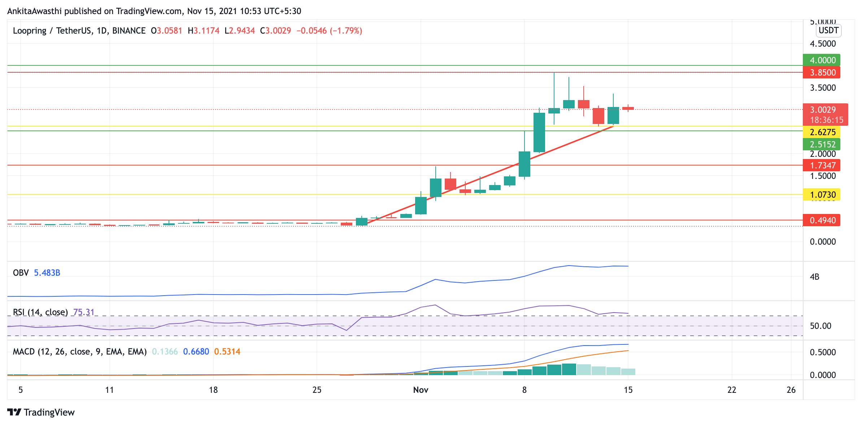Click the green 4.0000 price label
(x=821, y=60)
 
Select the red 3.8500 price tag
(x=821, y=72)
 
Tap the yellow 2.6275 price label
(x=821, y=132)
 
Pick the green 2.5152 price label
(x=821, y=144)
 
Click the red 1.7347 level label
(x=821, y=165)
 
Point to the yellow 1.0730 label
(x=821, y=195)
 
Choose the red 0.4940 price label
(x=821, y=220)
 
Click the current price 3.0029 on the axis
(x=823, y=110)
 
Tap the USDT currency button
(x=828, y=30)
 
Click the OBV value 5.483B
(x=47, y=273)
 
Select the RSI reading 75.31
(x=84, y=312)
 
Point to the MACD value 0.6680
(x=196, y=352)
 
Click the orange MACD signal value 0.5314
(x=227, y=352)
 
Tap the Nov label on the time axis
(x=421, y=390)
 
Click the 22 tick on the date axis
(x=731, y=390)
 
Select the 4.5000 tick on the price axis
(x=823, y=44)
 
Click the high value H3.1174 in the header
(x=204, y=31)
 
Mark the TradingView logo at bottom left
(x=41, y=412)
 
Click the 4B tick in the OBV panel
(x=814, y=277)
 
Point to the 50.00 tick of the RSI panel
(x=820, y=326)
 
